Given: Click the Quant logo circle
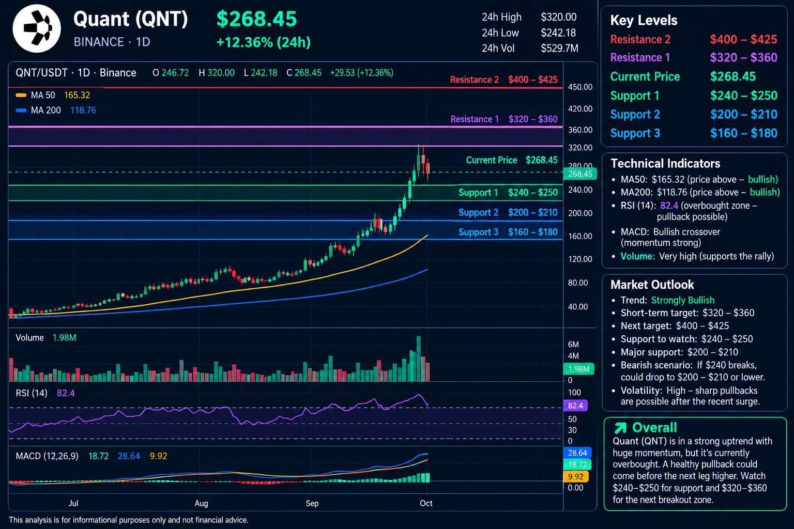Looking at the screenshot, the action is tap(37, 28).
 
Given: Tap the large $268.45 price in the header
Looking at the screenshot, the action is tap(256, 19).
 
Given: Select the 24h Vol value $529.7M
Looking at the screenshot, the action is tap(559, 48).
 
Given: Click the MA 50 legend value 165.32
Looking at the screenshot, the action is tap(77, 95).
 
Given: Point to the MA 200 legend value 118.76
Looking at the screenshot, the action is tap(83, 110).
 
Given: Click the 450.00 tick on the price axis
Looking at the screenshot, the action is tap(580, 87).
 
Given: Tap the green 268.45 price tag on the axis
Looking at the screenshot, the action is tap(580, 174).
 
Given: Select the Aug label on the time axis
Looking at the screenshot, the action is tap(201, 503).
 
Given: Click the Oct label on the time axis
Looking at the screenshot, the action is tap(426, 503).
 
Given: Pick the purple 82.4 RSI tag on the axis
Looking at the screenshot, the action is tap(575, 406).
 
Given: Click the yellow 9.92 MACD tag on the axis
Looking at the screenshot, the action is tap(576, 476).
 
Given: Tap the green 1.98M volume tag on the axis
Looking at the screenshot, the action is tap(578, 369).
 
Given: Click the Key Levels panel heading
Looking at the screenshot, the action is tap(644, 21).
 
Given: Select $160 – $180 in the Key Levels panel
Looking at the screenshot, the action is tap(744, 133).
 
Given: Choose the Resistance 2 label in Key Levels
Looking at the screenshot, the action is tap(640, 39).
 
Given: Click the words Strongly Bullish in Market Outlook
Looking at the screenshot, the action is tap(683, 300).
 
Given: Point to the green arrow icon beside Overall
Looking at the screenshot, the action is tap(620, 428).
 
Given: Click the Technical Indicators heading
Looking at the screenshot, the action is tap(665, 163).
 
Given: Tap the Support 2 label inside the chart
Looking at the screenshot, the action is tap(478, 213).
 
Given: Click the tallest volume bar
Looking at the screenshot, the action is tap(419, 359).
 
